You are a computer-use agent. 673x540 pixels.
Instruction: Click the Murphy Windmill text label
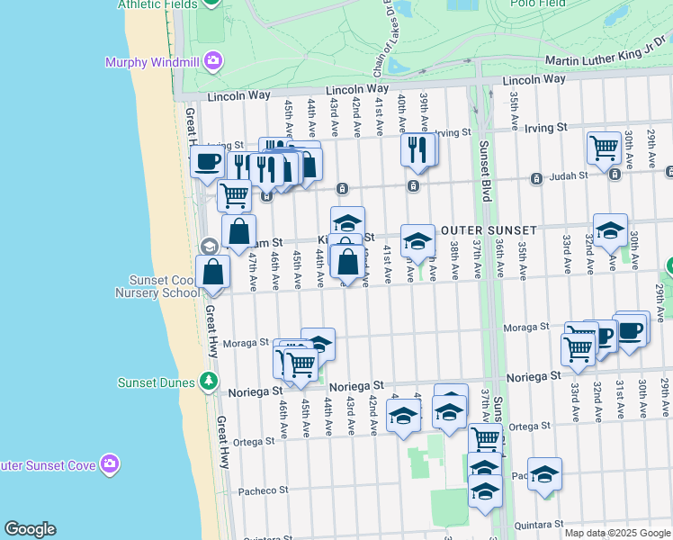coord(152,62)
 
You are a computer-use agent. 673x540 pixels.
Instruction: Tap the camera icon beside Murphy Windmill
coord(213,61)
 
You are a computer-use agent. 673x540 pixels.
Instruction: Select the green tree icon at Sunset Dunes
coord(209,382)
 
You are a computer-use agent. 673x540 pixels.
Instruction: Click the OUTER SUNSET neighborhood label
coord(489,230)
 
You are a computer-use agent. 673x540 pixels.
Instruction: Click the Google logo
coord(30,529)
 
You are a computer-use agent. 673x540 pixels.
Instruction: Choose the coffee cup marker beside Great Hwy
coord(207,162)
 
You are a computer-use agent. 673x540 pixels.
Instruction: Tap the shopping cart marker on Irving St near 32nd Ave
coord(604,147)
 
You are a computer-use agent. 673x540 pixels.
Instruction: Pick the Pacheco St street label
coord(263,491)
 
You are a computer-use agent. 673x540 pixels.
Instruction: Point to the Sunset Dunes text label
coord(157,382)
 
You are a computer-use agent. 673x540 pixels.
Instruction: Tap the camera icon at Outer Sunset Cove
coord(110,463)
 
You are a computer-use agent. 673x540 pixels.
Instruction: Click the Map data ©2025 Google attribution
coord(616,533)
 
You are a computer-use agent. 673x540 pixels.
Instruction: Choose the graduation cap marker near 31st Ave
coord(610,230)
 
